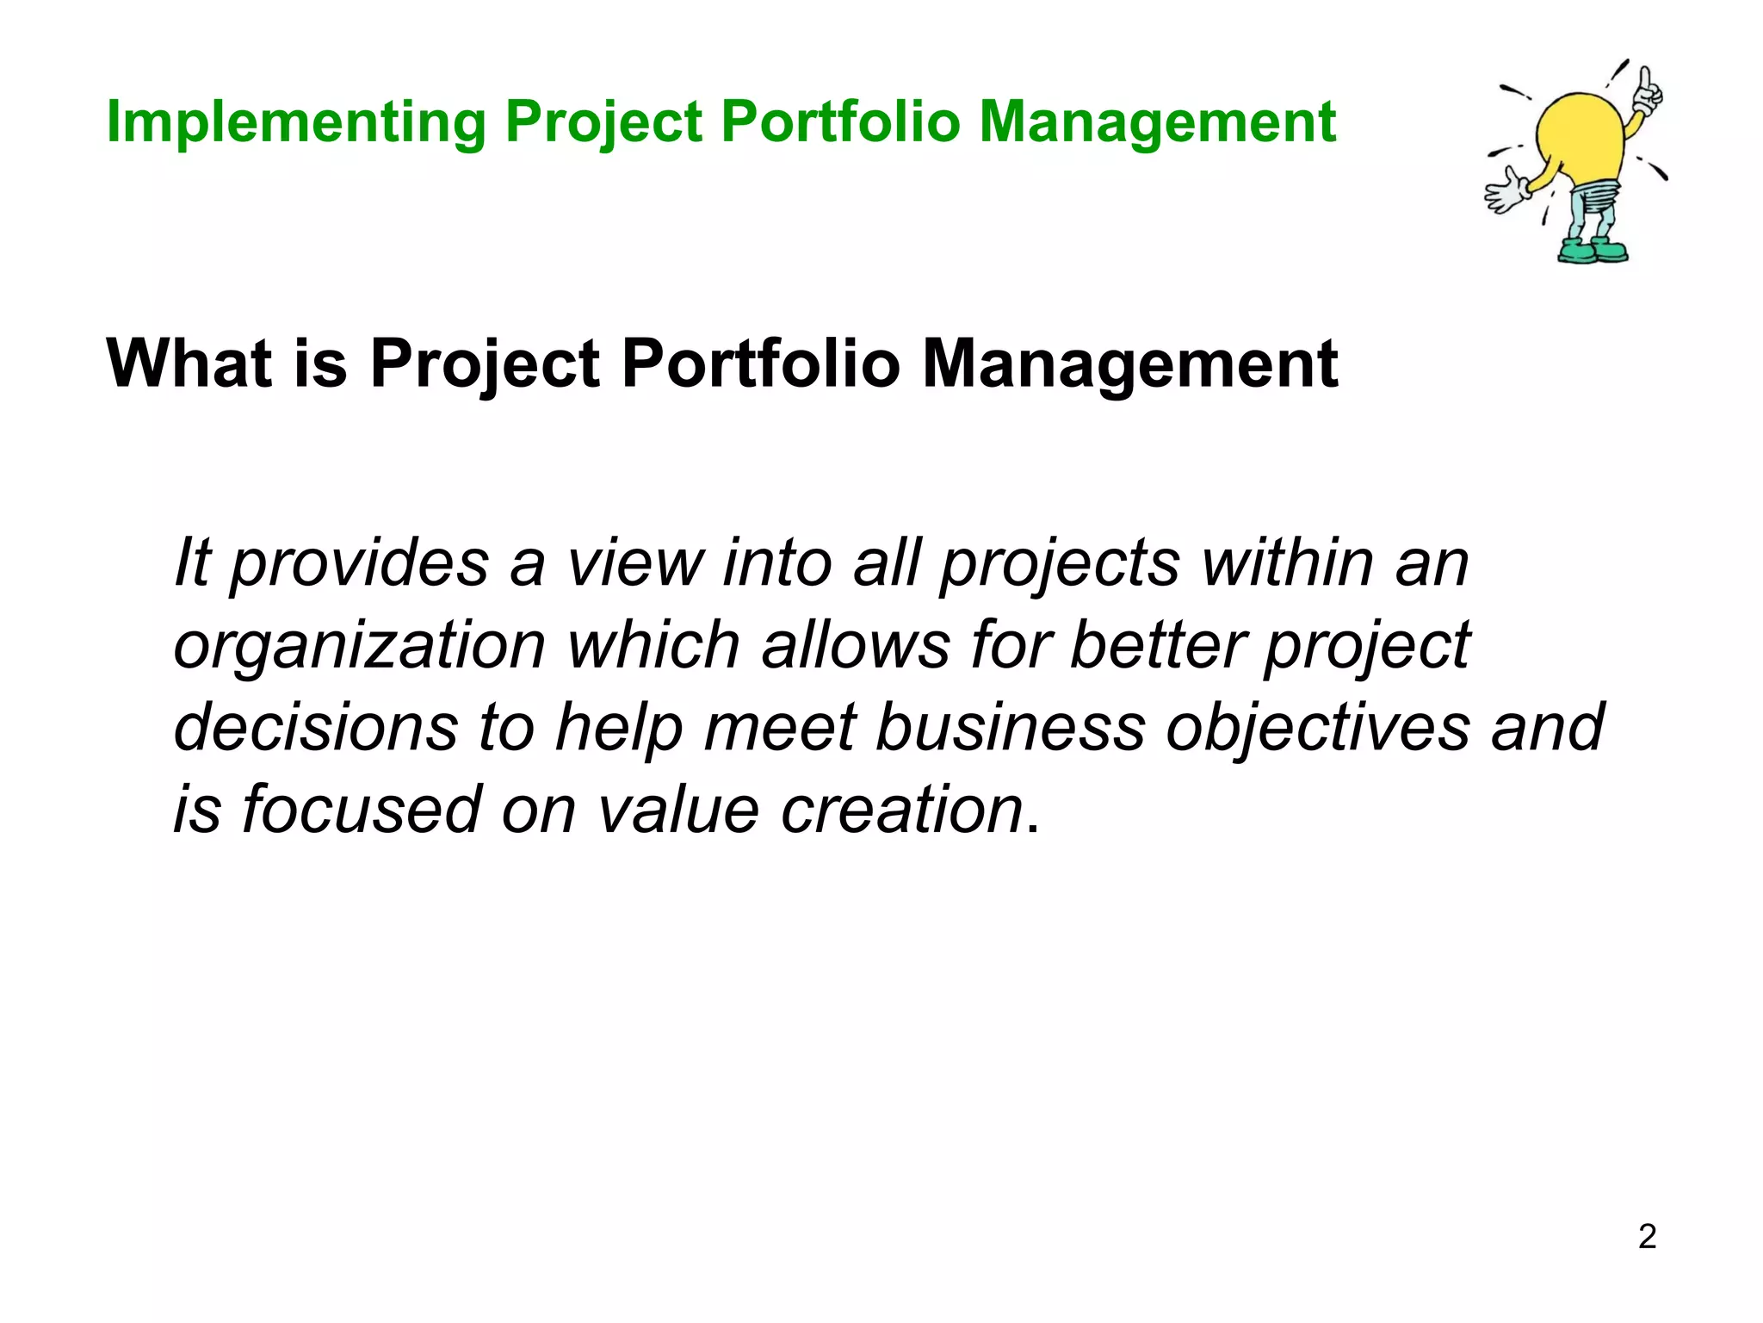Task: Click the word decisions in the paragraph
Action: pos(315,728)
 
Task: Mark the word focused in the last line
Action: pos(361,810)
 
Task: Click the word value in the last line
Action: pos(678,811)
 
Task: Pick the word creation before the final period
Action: pos(901,811)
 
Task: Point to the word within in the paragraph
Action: pos(1287,563)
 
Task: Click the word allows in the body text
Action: pos(855,645)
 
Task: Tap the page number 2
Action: pos(1647,1237)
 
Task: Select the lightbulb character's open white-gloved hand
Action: pos(1506,190)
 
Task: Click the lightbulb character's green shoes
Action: pos(1593,252)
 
